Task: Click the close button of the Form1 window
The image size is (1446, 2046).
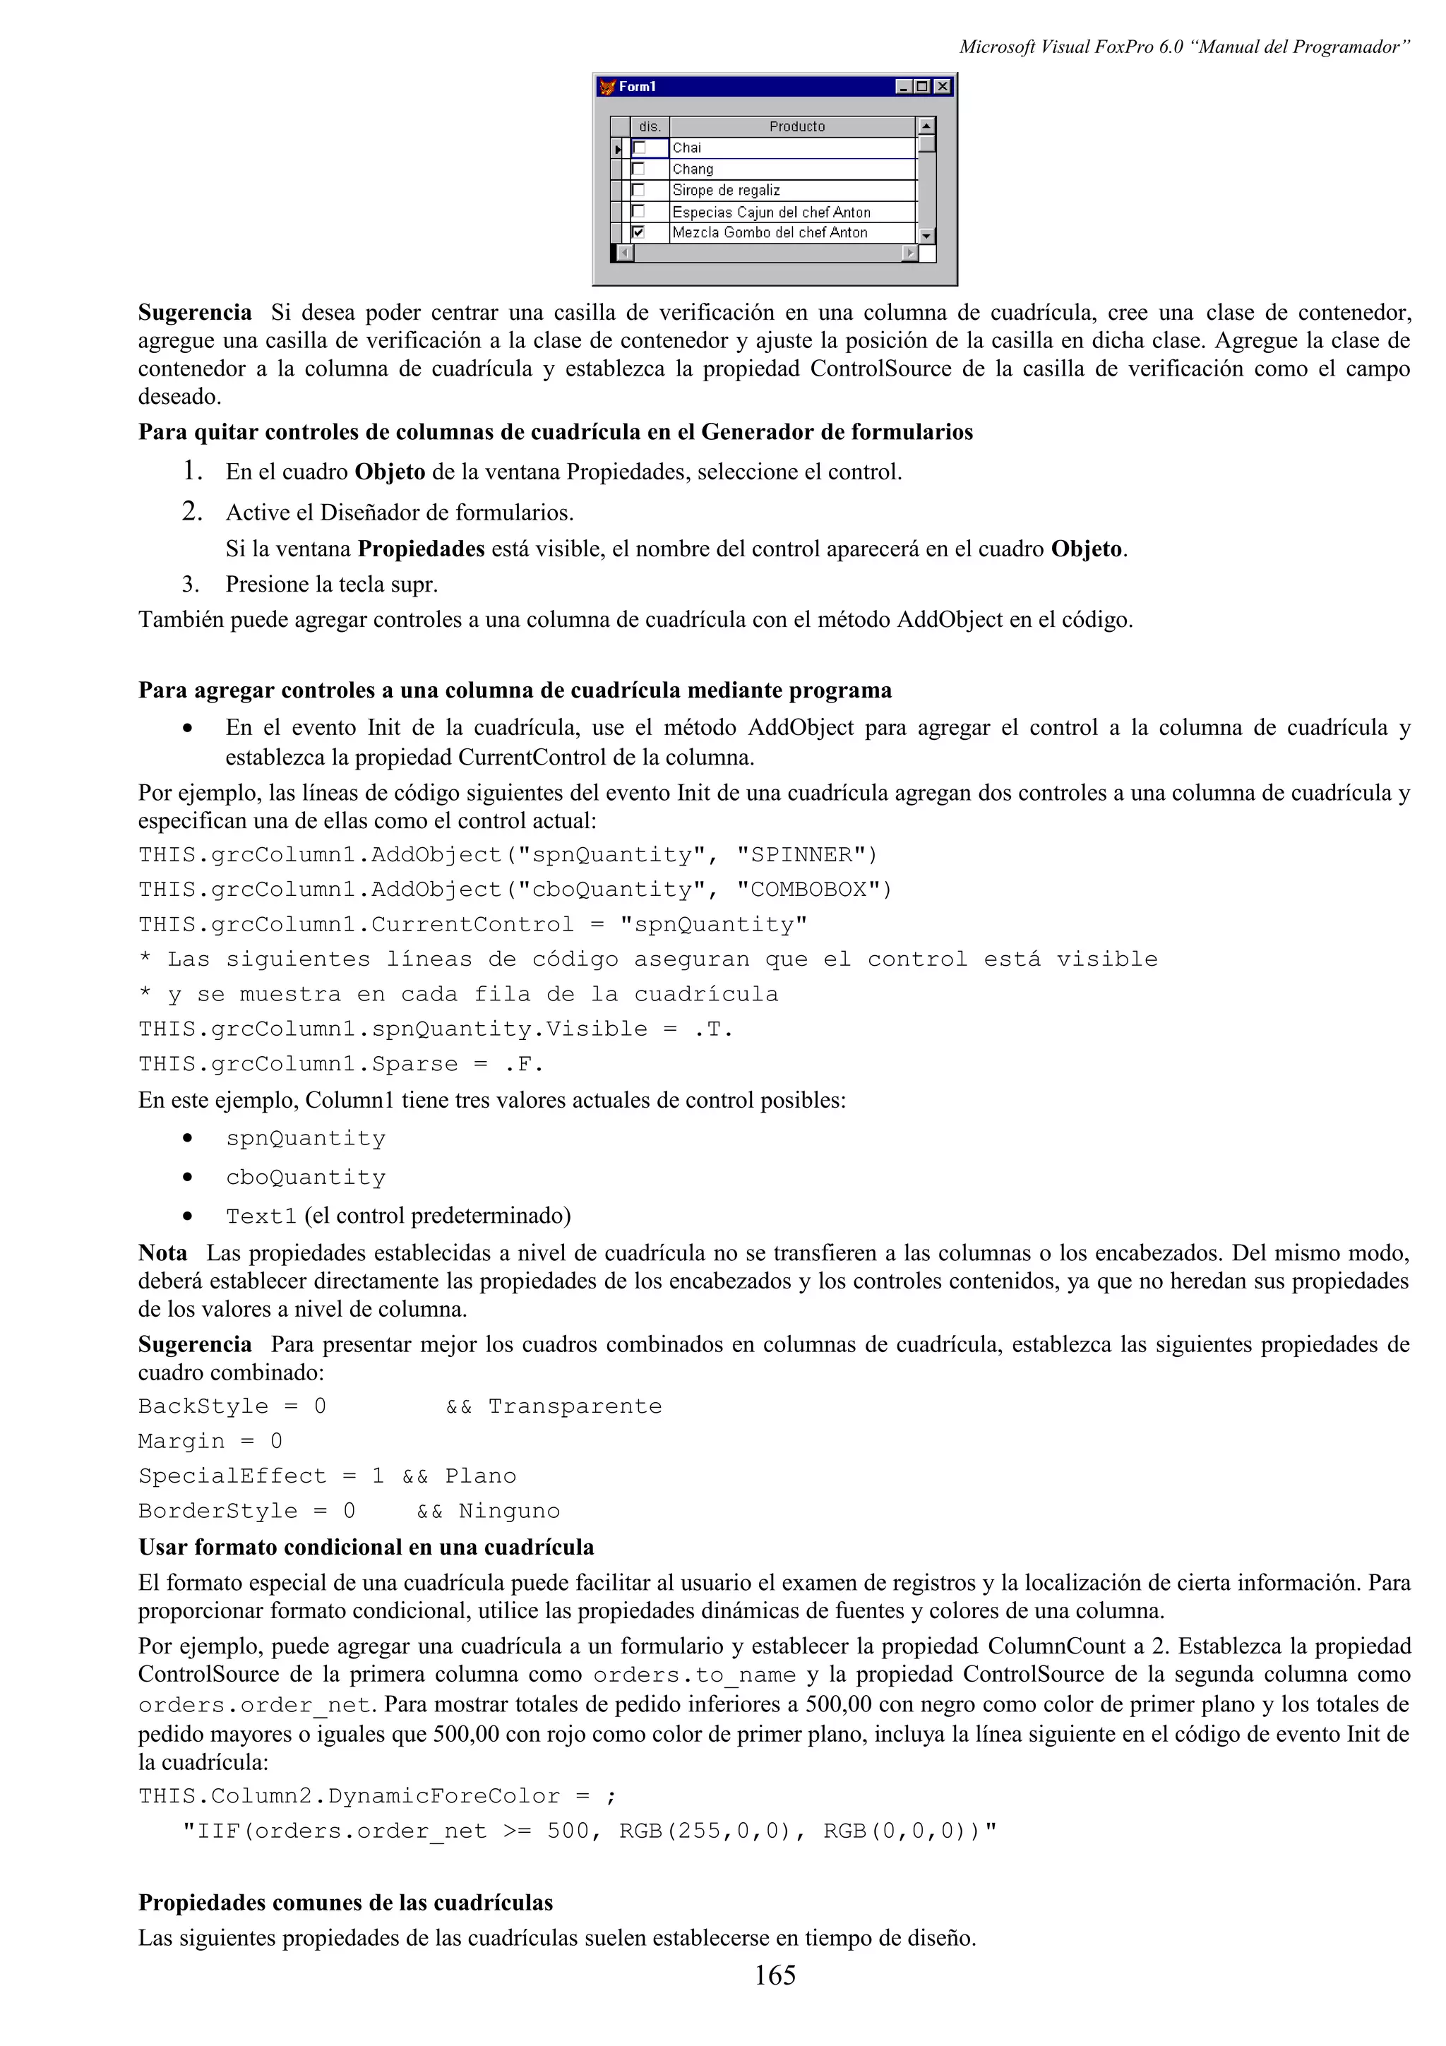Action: tap(943, 86)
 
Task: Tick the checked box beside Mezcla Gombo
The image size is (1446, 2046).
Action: tap(638, 232)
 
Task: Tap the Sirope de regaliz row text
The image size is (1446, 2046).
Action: tap(726, 190)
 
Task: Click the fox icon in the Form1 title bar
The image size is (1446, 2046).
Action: tap(608, 86)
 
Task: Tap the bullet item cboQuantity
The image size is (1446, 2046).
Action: tap(306, 1178)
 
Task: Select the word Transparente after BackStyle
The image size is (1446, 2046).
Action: tap(575, 1407)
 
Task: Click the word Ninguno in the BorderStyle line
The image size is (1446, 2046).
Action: tap(509, 1512)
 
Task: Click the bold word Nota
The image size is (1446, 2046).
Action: tap(162, 1253)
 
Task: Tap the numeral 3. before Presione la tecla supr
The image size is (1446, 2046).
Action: tap(190, 585)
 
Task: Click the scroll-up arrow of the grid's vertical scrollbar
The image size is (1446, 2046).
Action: tap(926, 126)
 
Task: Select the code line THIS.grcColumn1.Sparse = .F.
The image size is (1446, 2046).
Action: tap(340, 1065)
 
